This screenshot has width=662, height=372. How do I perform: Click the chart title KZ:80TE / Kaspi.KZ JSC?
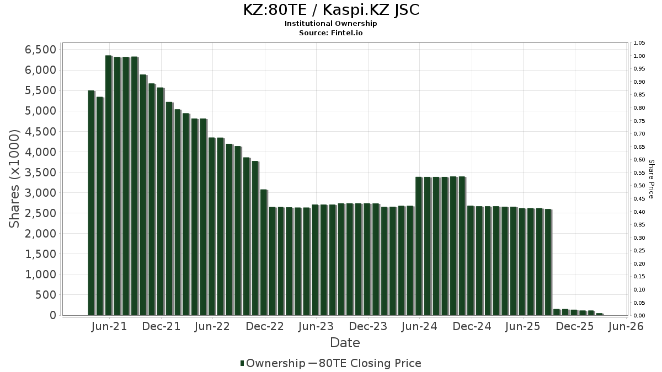tap(331, 10)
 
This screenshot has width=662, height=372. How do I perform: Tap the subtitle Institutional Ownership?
tap(331, 24)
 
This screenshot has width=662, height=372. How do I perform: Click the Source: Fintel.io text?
tap(331, 33)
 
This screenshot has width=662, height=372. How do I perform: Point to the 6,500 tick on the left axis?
tap(40, 50)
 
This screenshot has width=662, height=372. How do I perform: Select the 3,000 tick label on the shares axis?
tap(40, 193)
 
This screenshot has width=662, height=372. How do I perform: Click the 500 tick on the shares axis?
tap(46, 295)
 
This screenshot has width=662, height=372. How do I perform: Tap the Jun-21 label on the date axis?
tap(109, 326)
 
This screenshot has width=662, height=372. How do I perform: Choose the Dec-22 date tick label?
tap(265, 326)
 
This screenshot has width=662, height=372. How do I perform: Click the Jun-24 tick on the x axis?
tap(419, 326)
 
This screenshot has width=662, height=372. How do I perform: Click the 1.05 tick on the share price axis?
tap(639, 43)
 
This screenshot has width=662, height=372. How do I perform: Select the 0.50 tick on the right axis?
tap(639, 186)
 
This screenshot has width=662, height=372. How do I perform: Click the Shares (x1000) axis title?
tap(14, 179)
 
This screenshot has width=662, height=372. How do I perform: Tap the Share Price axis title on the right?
tap(651, 179)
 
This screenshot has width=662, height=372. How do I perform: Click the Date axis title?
tap(345, 343)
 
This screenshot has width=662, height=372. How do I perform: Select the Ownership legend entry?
tap(275, 363)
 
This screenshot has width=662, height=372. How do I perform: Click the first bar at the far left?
tap(91, 203)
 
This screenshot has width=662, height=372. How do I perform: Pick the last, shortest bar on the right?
tap(599, 314)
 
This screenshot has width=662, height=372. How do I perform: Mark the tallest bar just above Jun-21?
tap(108, 185)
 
